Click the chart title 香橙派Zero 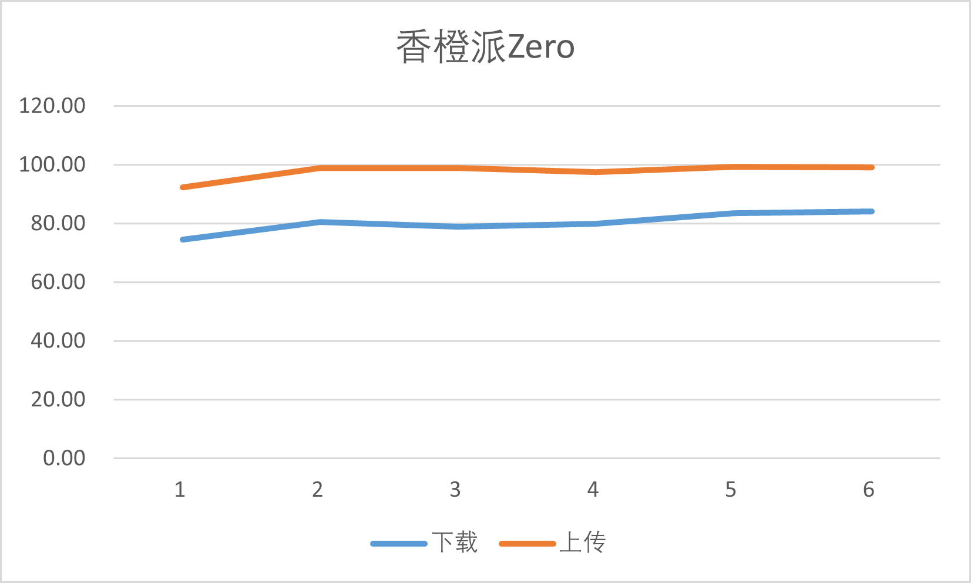[485, 47]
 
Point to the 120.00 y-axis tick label [52, 106]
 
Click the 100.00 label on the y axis [52, 164]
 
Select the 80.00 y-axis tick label [58, 223]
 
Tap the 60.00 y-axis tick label [58, 282]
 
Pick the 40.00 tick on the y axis [58, 341]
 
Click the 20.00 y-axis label [58, 399]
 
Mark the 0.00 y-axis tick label [64, 458]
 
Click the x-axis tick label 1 [180, 489]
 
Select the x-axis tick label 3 [455, 489]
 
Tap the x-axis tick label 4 [593, 489]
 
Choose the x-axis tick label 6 [869, 489]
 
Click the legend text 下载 [455, 542]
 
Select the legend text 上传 [583, 542]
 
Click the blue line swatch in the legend [399, 544]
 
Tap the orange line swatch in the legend [527, 544]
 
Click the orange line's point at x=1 [183, 187]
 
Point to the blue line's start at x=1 [183, 240]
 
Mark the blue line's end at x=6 [872, 211]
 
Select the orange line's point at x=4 [596, 172]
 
